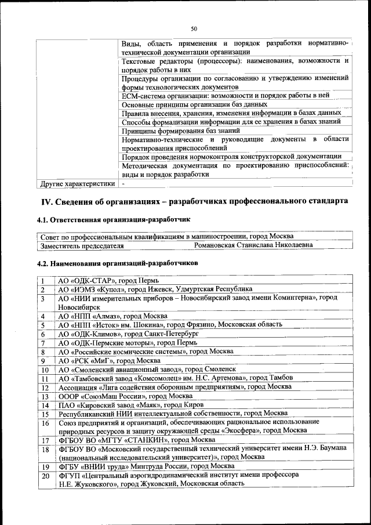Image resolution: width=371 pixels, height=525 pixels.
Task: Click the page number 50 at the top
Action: click(x=194, y=29)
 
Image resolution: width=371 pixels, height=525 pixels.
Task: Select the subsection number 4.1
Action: click(x=43, y=220)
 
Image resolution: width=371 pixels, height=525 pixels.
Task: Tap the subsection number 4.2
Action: click(x=43, y=263)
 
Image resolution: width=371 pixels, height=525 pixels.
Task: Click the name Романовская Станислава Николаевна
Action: click(x=253, y=245)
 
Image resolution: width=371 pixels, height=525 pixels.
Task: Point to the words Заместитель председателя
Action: click(x=82, y=245)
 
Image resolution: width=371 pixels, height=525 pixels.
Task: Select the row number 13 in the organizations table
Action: click(x=45, y=396)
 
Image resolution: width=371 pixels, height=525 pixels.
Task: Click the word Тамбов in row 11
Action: click(x=281, y=378)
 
